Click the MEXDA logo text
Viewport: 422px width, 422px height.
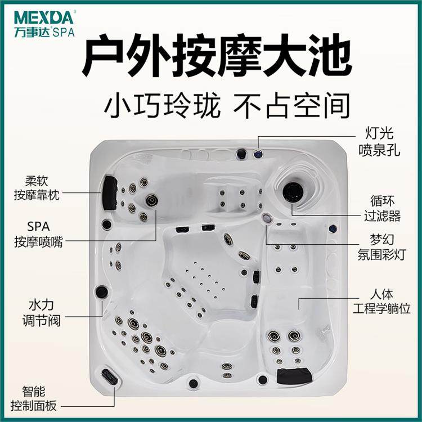[43, 17]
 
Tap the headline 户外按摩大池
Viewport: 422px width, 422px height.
[217, 57]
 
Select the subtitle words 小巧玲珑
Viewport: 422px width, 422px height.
[162, 106]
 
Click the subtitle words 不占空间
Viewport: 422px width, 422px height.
[291, 106]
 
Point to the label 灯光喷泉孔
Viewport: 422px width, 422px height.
[379, 142]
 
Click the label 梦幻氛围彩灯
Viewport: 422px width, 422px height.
[381, 247]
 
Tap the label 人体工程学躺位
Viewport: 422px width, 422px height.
[381, 301]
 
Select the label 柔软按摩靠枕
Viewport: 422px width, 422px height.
[37, 188]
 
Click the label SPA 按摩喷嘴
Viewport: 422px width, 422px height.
[38, 234]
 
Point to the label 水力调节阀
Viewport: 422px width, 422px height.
[41, 313]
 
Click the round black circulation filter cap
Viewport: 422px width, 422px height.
[293, 192]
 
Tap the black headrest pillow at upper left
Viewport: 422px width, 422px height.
[109, 193]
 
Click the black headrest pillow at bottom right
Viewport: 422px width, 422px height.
[294, 375]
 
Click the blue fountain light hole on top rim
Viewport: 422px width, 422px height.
[258, 154]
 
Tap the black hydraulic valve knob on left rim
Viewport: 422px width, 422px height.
[102, 291]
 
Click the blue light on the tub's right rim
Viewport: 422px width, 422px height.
[333, 228]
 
